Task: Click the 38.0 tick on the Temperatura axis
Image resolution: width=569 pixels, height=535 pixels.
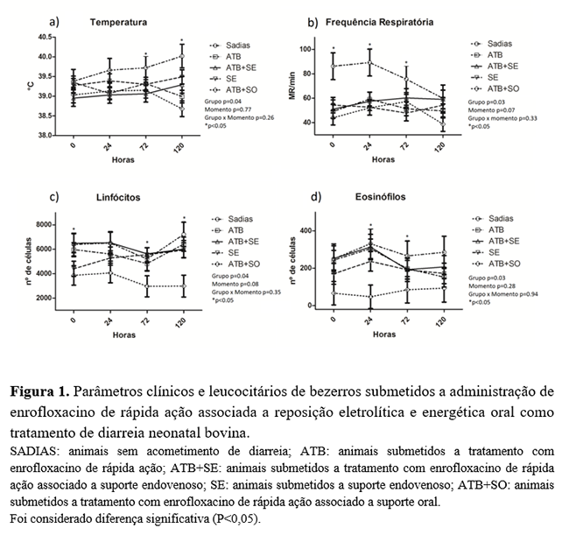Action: pos(45,136)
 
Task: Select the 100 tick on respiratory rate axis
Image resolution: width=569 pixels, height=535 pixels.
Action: pos(307,50)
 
